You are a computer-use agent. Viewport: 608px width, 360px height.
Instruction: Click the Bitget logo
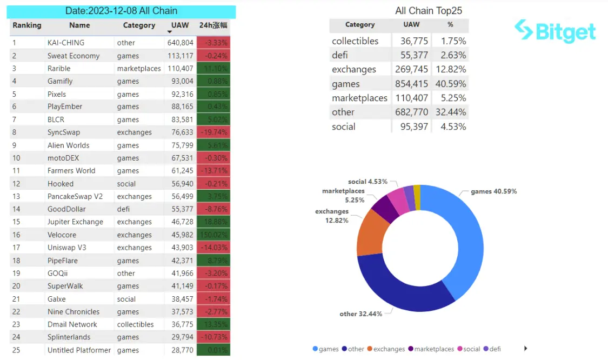point(555,31)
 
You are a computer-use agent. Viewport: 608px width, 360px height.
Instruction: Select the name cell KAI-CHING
point(66,43)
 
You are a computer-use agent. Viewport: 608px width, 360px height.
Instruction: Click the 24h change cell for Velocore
point(213,235)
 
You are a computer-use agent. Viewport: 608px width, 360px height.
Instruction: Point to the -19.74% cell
point(213,132)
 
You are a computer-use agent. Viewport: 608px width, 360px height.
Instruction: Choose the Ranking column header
point(27,25)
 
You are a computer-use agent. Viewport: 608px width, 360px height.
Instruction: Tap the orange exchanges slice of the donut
point(370,232)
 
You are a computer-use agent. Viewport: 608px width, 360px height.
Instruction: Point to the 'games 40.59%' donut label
point(493,191)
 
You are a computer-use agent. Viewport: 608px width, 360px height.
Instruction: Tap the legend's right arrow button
point(525,349)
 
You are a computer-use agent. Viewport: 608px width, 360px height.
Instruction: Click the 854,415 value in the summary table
point(411,84)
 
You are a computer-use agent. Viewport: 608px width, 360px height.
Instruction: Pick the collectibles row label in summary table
point(355,41)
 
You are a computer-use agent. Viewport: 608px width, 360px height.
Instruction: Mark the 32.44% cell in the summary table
point(450,112)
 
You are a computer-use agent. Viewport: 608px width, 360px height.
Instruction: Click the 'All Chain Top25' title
point(429,11)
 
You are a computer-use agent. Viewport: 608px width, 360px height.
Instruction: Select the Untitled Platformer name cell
point(79,350)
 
